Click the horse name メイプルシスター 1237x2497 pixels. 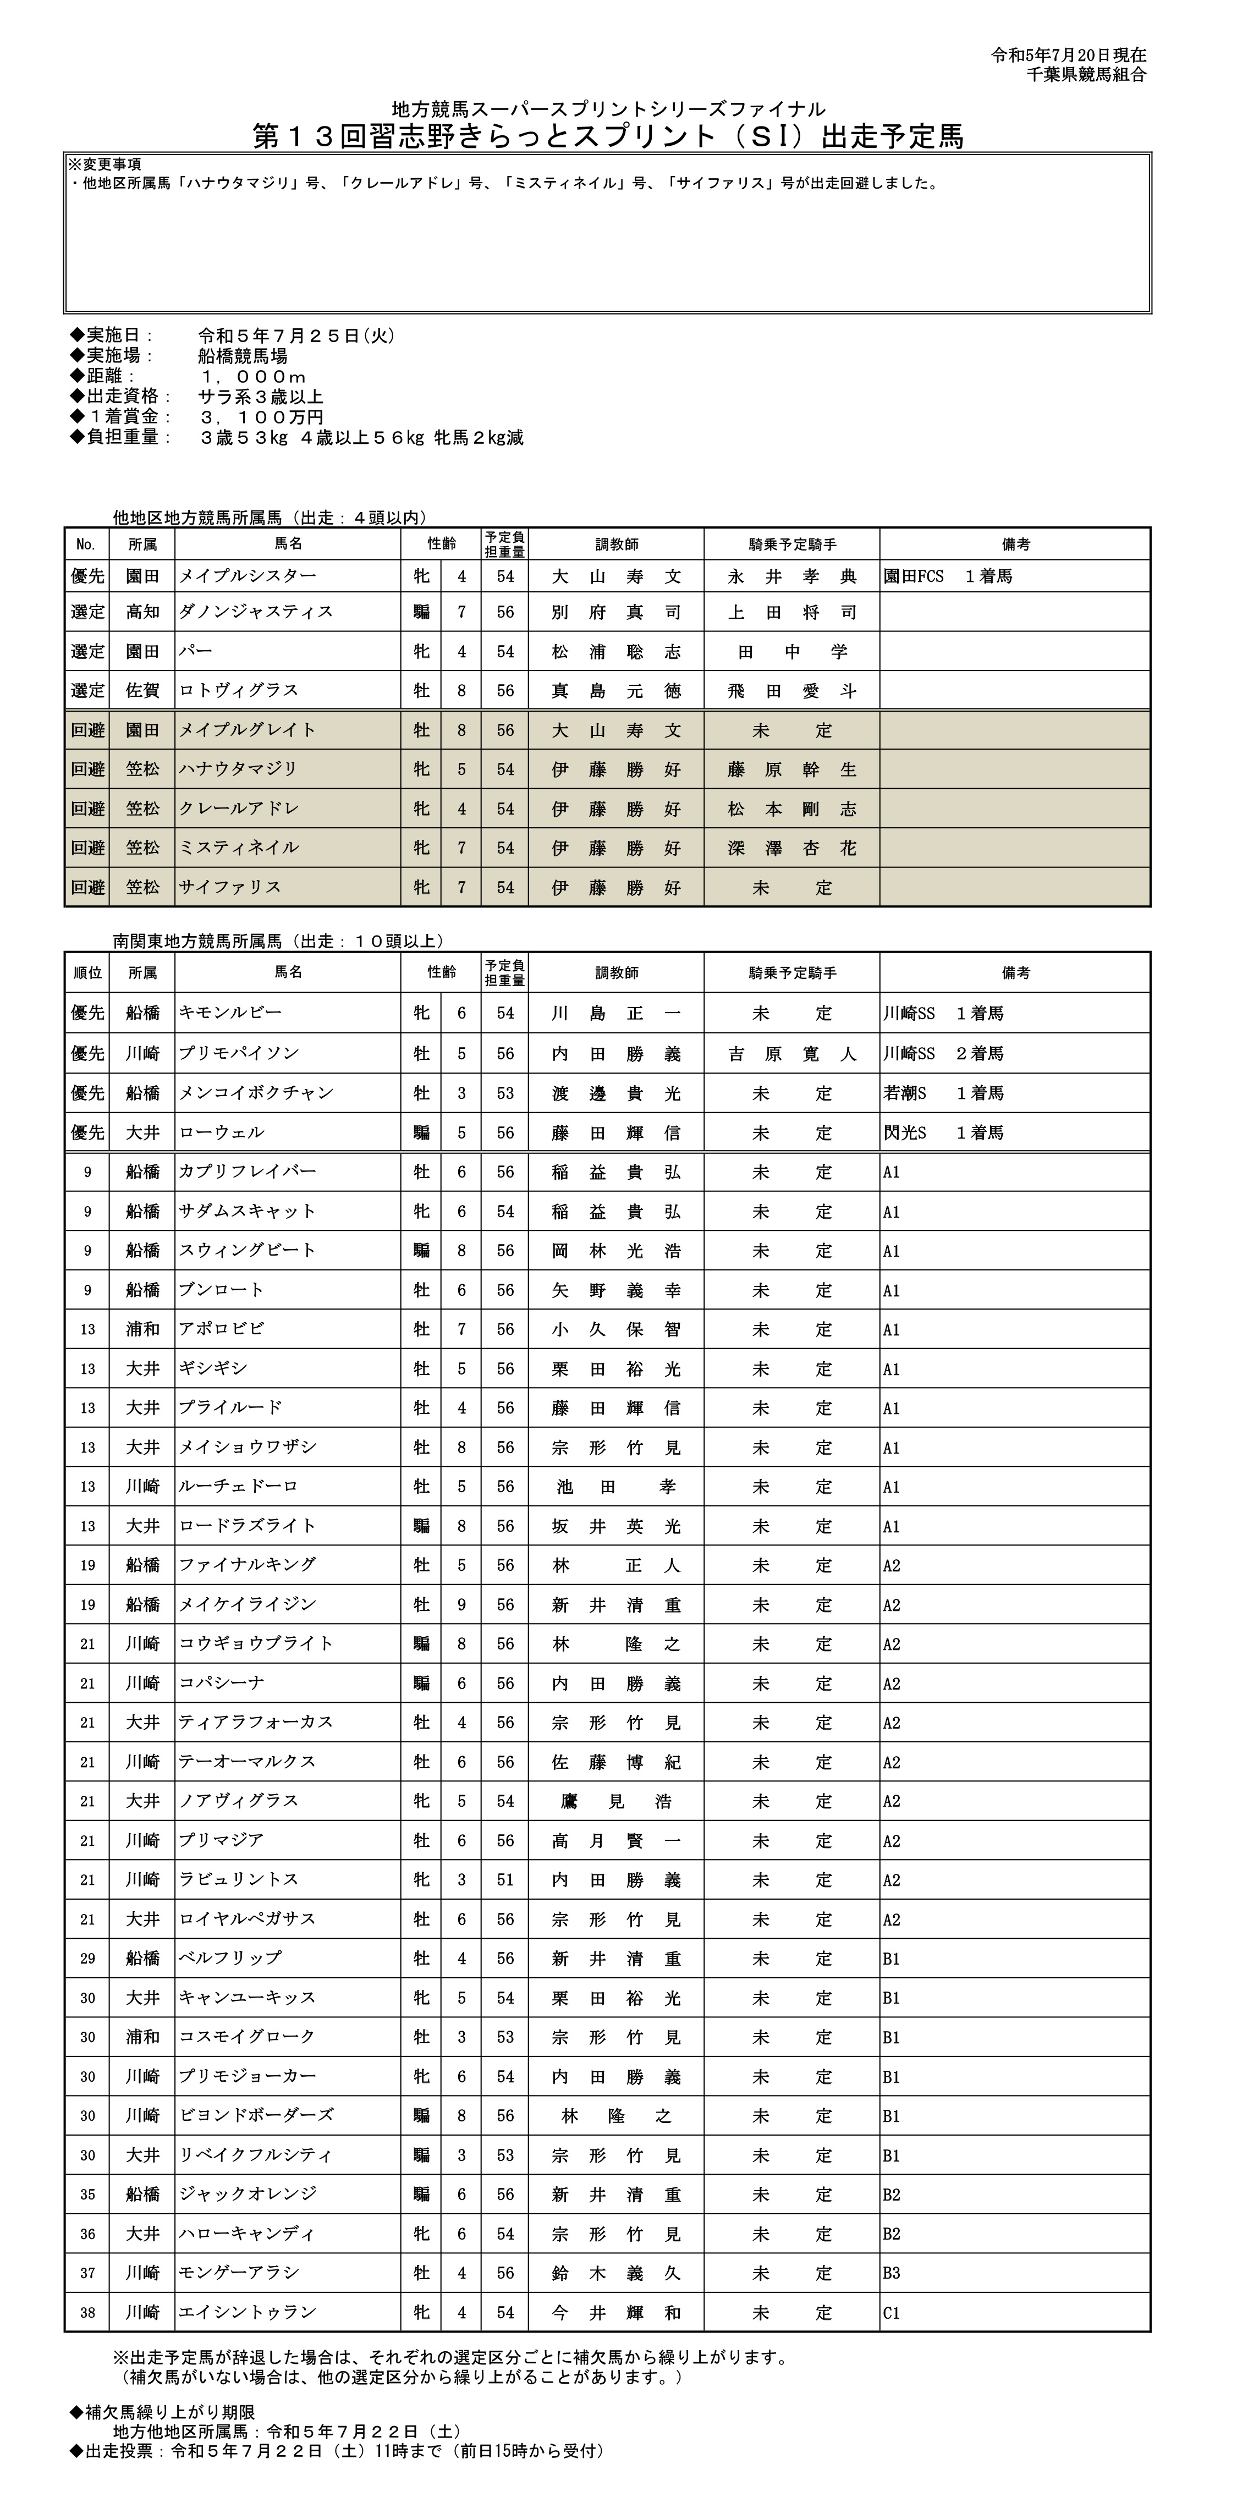pos(247,576)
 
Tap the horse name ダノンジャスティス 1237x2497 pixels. pos(256,612)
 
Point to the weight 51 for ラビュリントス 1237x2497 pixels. pos(505,1879)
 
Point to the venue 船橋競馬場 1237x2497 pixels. pos(243,356)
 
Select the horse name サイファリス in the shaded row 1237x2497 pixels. pos(230,887)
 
